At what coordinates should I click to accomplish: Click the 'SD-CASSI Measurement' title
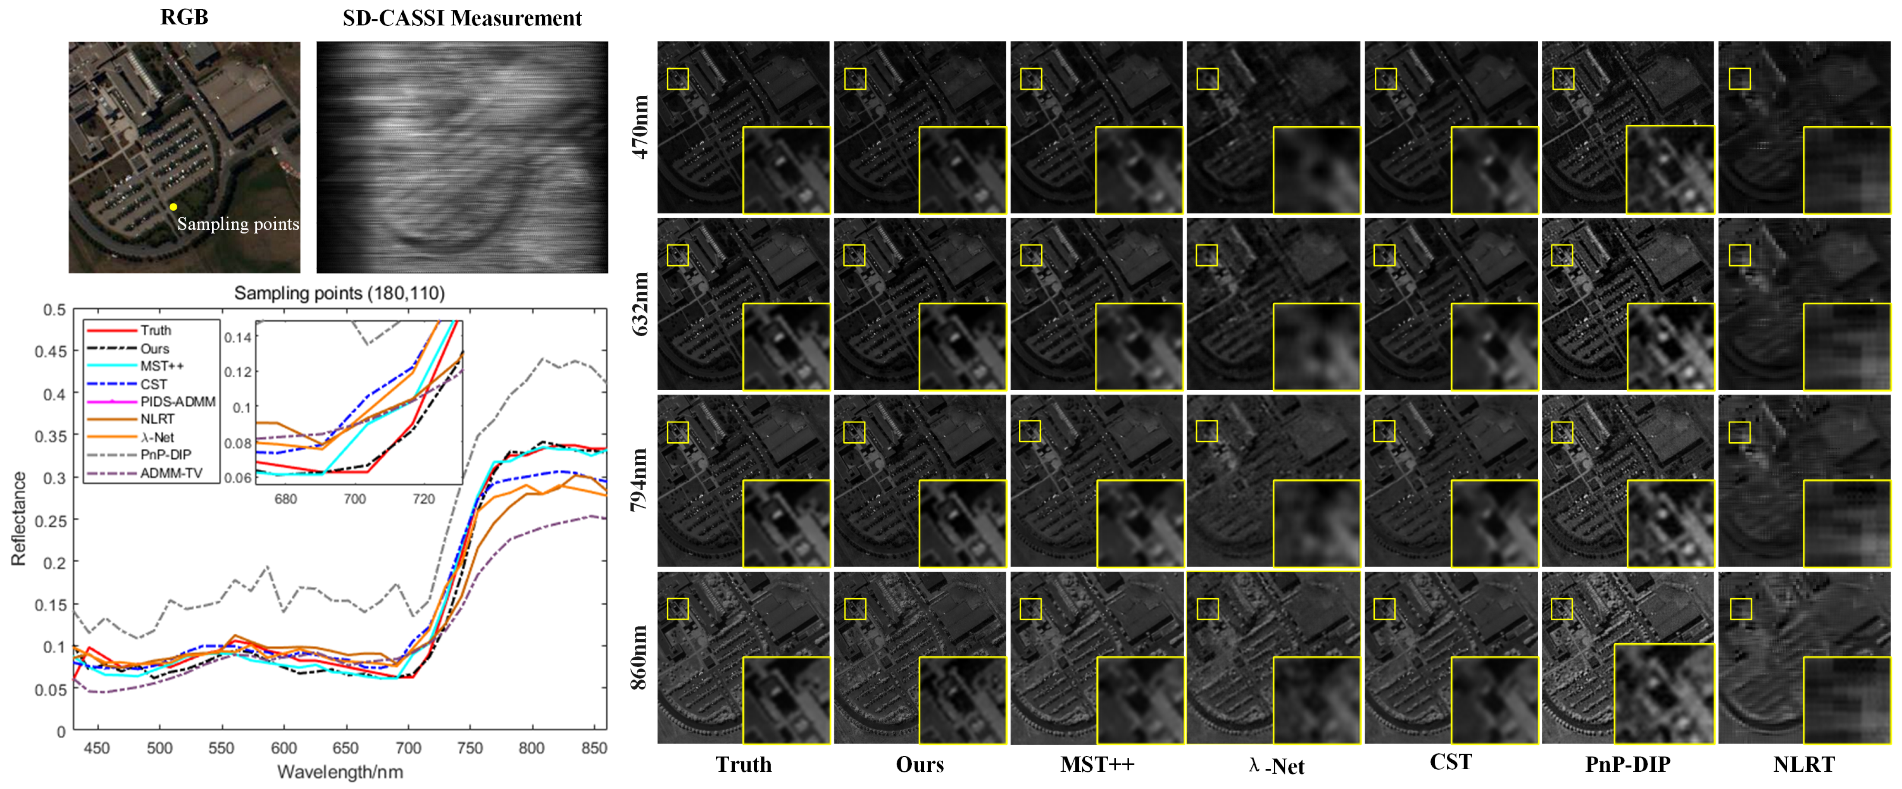point(462,19)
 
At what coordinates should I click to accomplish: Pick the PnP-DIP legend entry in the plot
point(165,455)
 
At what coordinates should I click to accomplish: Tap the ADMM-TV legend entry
point(170,473)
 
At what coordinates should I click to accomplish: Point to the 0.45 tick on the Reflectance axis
point(50,351)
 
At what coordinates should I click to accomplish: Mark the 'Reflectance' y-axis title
point(19,519)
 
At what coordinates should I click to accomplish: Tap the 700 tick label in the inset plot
point(354,499)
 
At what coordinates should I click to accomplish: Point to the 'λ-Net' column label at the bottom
point(1276,765)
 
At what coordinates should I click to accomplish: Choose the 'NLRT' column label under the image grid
point(1804,764)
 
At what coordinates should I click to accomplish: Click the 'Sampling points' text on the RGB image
point(238,224)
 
